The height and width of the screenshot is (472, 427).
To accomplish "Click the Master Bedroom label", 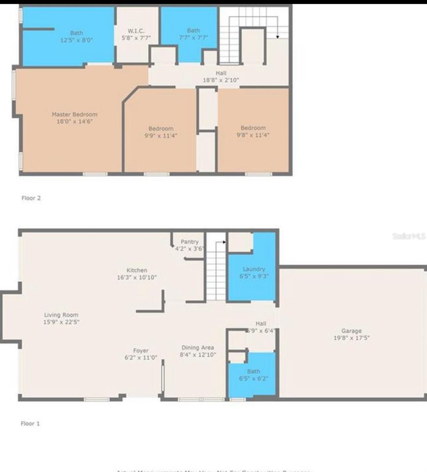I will coord(74,114).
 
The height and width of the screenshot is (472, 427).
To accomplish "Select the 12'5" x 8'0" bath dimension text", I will coord(77,40).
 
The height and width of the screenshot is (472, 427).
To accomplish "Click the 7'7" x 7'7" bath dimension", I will coord(193,38).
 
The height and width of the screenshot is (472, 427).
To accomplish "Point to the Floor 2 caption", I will coord(31,198).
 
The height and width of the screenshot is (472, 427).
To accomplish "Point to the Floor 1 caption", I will coord(30,424).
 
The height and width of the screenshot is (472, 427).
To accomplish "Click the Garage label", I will coord(352,331).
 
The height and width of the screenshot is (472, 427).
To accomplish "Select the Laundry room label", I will coord(254,269).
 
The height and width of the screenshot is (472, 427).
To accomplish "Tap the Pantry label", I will coord(190,242).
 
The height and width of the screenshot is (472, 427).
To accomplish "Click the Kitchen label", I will coord(137,270).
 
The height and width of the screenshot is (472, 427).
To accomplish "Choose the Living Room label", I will coord(61,315).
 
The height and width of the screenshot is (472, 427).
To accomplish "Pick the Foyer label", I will coord(141,350).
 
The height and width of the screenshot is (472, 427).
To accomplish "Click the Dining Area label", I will coord(198,348).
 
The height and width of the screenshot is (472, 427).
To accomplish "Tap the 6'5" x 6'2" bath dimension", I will coord(253,378).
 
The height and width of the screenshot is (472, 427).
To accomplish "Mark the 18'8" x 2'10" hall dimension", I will coord(221,80).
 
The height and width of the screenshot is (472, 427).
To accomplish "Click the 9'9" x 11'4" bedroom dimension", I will coord(161,136).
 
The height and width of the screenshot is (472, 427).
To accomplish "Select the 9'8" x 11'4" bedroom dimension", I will coord(253,135).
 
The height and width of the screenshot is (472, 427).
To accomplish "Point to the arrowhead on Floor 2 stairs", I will coord(278,37).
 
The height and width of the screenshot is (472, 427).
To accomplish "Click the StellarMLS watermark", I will coord(409,236).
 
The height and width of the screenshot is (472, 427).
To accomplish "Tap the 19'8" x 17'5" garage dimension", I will coord(352,338).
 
